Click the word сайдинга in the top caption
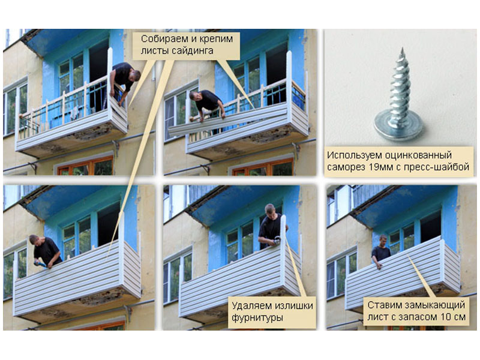coord(191,51)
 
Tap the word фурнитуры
coord(257,318)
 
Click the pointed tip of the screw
coord(402,49)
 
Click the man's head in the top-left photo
coord(134,76)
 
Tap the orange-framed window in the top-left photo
coord(85,167)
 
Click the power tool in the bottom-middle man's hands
coord(277,241)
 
